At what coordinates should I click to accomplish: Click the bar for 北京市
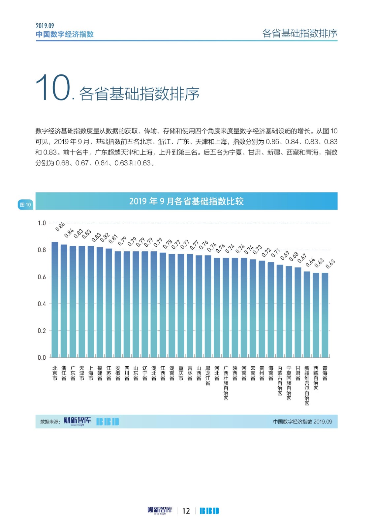(55, 300)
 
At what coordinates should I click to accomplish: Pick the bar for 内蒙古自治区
(280, 311)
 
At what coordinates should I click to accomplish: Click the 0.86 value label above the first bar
(60, 227)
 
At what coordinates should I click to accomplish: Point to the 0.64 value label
(310, 262)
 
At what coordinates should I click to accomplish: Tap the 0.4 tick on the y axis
(42, 304)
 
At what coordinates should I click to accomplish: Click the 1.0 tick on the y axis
(42, 223)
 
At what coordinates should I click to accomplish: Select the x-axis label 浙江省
(64, 373)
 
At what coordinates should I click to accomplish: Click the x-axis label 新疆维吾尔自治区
(307, 385)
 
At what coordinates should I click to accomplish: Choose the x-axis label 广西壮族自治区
(226, 383)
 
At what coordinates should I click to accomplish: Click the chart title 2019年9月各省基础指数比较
(186, 201)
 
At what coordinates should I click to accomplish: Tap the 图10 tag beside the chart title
(25, 205)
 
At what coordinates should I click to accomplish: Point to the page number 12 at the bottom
(186, 511)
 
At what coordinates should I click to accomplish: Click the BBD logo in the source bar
(108, 422)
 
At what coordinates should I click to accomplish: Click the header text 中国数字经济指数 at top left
(65, 34)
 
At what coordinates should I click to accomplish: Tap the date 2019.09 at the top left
(45, 26)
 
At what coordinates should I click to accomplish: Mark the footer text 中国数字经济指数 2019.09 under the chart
(302, 422)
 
